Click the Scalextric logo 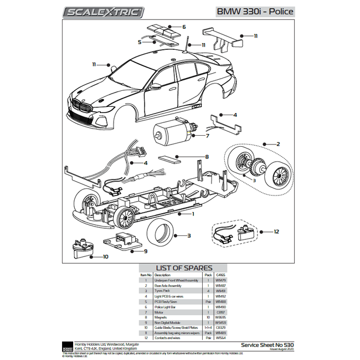pyautogui.click(x=104, y=12)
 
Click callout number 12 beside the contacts pyautogui.click(x=276, y=231)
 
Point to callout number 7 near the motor pyautogui.click(x=207, y=136)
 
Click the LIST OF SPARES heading pyautogui.click(x=180, y=268)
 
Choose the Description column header pyautogui.click(x=162, y=275)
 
